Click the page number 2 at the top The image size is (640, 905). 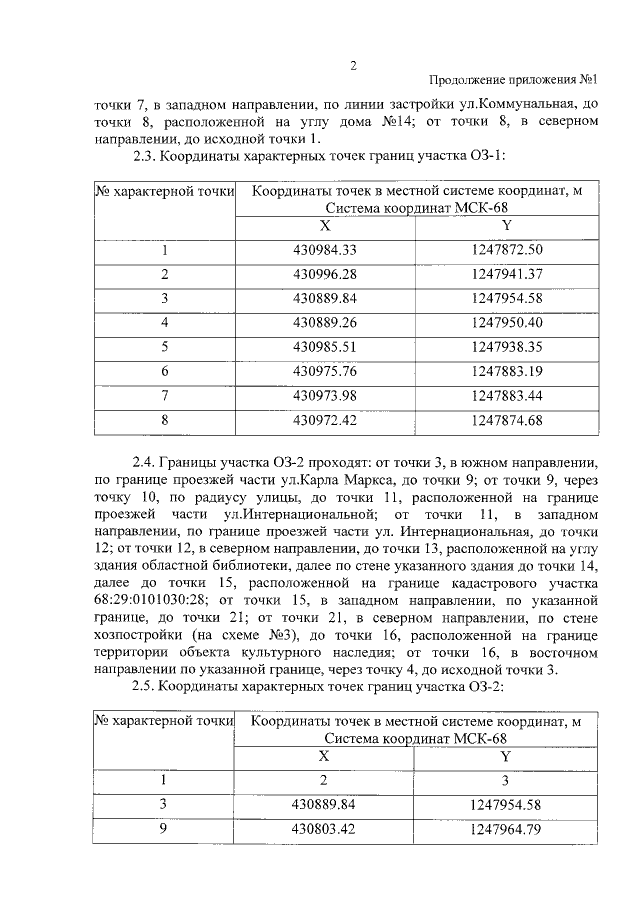click(x=353, y=66)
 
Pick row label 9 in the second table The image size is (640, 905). click(x=163, y=828)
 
